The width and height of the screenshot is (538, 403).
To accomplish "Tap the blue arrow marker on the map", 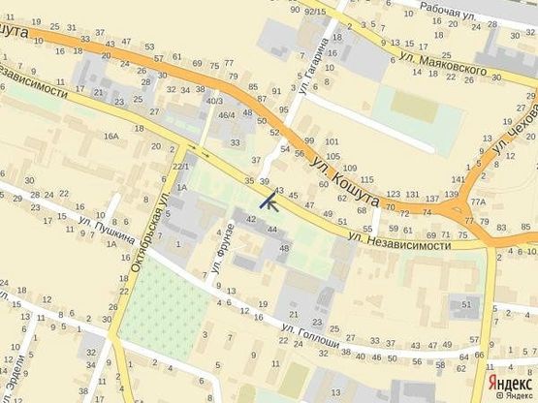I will tap(268, 201).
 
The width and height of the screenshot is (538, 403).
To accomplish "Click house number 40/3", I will tap(215, 101).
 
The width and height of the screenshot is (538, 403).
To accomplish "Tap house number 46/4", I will tap(226, 116).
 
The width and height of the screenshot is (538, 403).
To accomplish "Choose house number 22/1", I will tap(181, 167).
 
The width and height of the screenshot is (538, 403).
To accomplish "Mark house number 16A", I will tap(111, 137).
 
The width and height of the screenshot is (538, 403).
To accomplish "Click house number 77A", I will tap(478, 201).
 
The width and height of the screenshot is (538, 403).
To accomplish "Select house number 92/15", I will tap(315, 12).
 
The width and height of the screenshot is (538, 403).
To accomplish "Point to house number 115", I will tap(366, 181).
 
